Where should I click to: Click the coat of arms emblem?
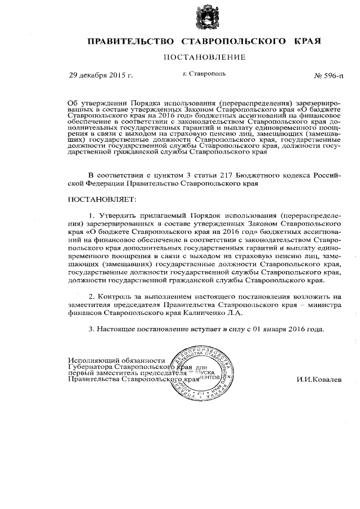(x=204, y=17)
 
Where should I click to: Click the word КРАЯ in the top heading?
(x=308, y=42)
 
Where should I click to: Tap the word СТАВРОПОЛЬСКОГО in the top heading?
(x=236, y=42)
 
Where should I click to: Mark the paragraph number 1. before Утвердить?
(x=92, y=215)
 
